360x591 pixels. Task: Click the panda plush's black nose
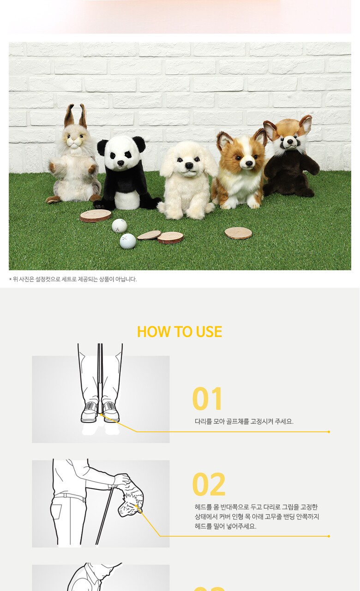[x=120, y=163]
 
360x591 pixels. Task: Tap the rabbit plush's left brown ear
[x=69, y=115]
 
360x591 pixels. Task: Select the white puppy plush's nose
[x=189, y=165]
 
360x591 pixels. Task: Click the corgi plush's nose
[x=249, y=163]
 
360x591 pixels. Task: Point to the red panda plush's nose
[x=290, y=142]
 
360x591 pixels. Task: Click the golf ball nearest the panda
[x=119, y=226]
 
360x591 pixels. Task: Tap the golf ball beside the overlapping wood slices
[x=128, y=241]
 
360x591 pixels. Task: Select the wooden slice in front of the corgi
[x=238, y=233]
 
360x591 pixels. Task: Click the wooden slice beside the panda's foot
[x=96, y=216]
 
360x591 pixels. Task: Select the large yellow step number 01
[x=207, y=398]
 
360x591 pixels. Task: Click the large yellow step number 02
[x=209, y=484]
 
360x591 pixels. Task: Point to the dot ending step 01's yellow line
[x=329, y=432]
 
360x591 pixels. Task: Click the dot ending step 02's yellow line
[x=329, y=537]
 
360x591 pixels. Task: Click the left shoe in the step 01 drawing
[x=90, y=412]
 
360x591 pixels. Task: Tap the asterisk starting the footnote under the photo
[x=10, y=279]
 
